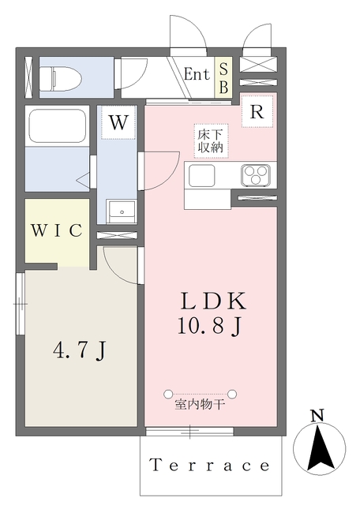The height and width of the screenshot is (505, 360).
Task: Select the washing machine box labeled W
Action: (x=118, y=122)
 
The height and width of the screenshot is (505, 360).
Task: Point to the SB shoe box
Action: (x=223, y=78)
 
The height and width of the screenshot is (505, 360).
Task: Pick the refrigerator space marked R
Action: (x=257, y=111)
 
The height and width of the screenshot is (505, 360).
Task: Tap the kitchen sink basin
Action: (x=202, y=174)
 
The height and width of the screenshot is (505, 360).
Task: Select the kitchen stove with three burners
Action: (x=256, y=174)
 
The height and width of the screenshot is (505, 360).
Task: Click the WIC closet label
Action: (x=57, y=230)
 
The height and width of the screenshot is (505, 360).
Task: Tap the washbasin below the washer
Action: (x=122, y=210)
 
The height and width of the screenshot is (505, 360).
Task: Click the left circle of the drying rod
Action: (x=167, y=393)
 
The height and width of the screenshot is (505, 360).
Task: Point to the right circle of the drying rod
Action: (x=234, y=393)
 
